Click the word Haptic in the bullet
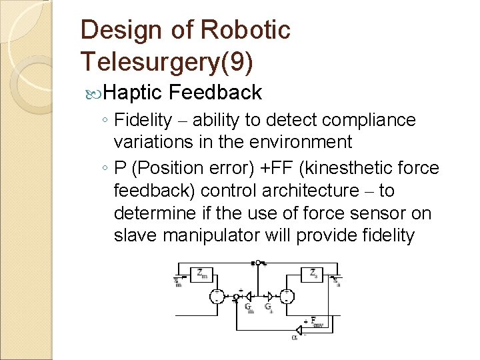133,92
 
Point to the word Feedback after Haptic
215,92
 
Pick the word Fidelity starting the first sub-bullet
143,120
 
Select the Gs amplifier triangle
267,297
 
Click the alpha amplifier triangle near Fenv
298,328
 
